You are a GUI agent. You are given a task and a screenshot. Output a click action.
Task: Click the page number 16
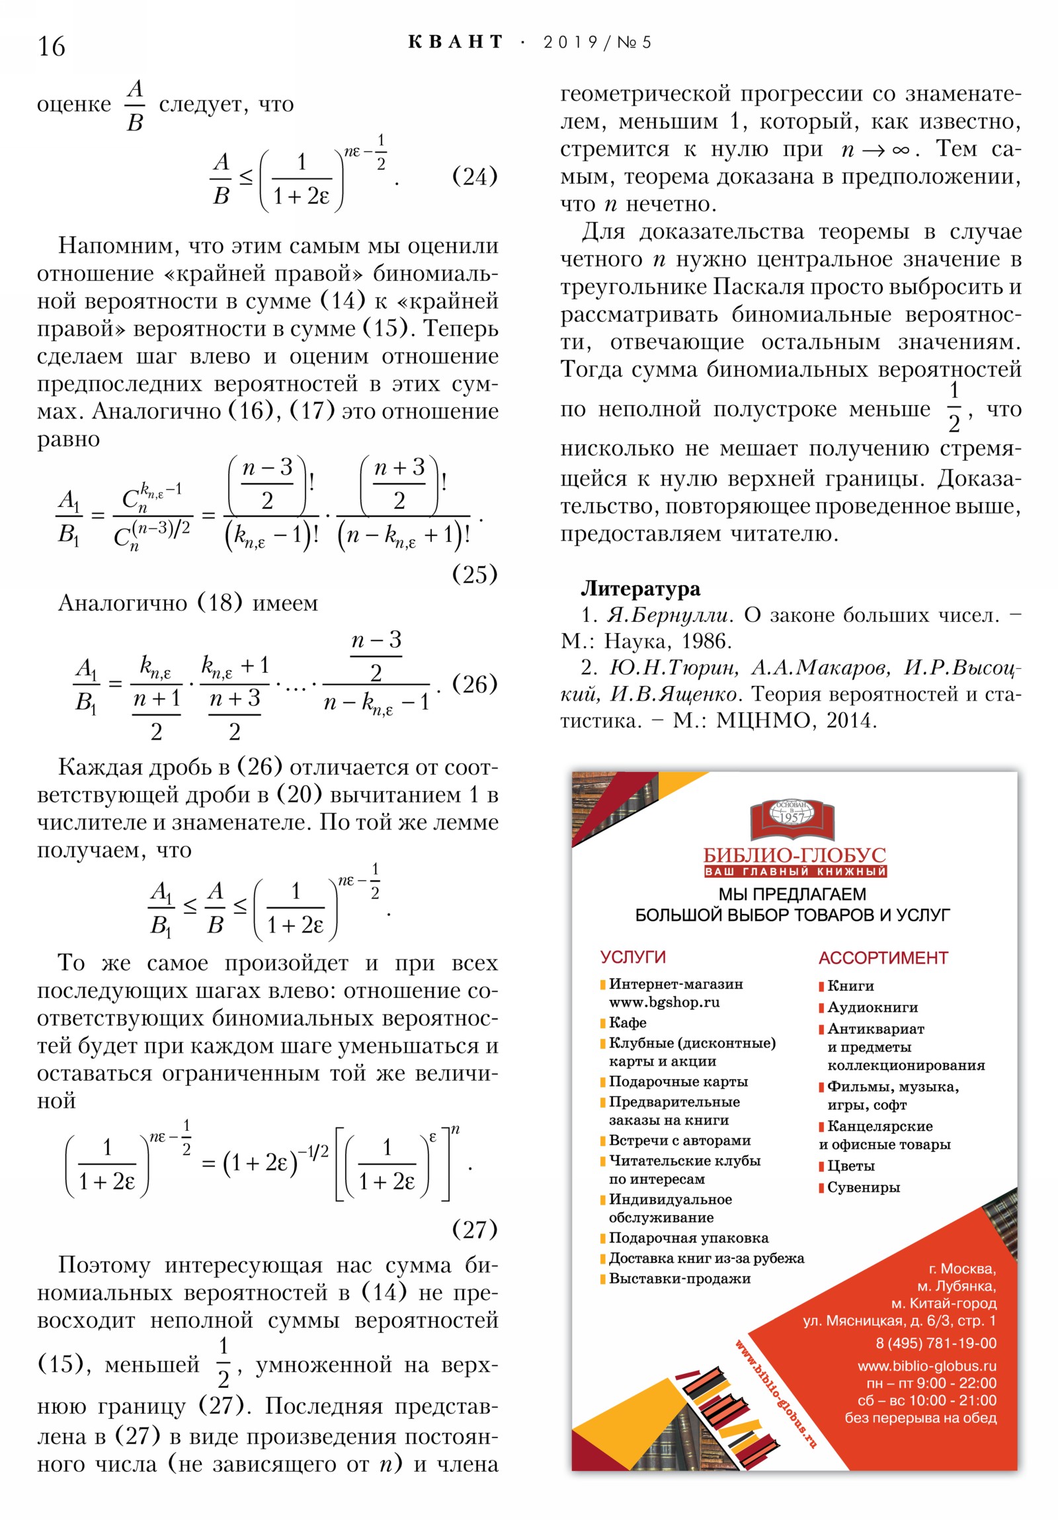[x=51, y=46]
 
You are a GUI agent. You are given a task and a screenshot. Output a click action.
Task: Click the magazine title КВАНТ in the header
[x=456, y=42]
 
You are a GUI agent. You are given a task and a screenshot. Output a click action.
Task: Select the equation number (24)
[x=473, y=176]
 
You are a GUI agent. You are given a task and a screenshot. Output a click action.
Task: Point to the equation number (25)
[x=473, y=574]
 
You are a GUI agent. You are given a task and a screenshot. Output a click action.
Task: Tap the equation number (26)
[x=473, y=683]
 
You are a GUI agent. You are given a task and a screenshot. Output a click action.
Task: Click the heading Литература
[x=640, y=588]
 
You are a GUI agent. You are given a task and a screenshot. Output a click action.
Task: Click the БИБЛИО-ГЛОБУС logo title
[x=794, y=855]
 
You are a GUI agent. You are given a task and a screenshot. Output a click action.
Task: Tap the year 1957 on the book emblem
[x=792, y=817]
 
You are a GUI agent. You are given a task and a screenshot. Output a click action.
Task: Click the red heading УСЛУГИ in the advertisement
[x=633, y=957]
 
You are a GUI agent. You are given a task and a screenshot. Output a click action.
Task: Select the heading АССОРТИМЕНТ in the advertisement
[x=883, y=958]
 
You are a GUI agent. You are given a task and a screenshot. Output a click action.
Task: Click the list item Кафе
[x=627, y=1022]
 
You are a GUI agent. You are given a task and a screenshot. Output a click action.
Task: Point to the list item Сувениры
[x=862, y=1187]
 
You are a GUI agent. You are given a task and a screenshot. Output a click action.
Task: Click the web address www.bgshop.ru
[x=664, y=1003]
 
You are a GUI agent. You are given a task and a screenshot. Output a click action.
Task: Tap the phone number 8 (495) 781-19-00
[x=936, y=1344]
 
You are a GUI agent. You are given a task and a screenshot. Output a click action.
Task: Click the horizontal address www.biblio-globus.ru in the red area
[x=926, y=1366]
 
